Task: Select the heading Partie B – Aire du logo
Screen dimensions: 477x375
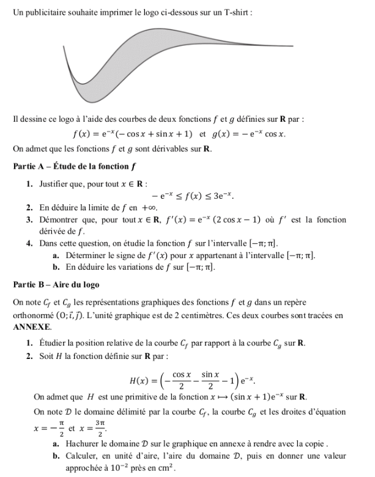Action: point(56,284)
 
